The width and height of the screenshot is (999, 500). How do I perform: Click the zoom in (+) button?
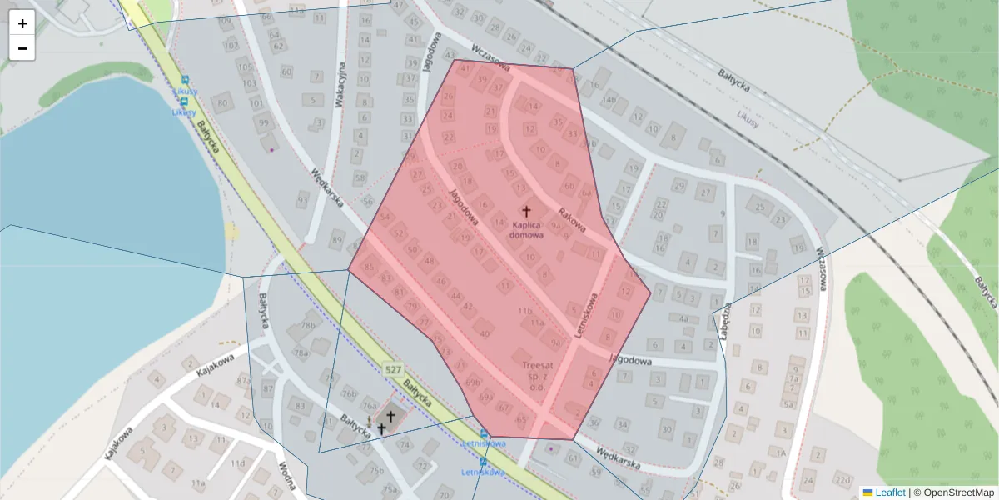click(22, 23)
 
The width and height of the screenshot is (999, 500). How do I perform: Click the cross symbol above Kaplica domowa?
click(525, 212)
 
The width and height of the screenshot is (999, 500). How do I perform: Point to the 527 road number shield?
click(395, 369)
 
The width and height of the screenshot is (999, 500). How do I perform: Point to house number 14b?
click(610, 100)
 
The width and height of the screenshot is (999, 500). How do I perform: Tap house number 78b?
click(309, 325)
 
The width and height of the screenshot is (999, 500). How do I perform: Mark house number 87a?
click(243, 381)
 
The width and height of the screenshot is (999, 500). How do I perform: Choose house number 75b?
click(376, 469)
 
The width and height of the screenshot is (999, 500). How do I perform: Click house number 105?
click(245, 67)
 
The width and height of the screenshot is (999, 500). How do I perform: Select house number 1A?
click(779, 452)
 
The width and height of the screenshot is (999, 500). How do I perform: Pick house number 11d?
click(238, 462)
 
